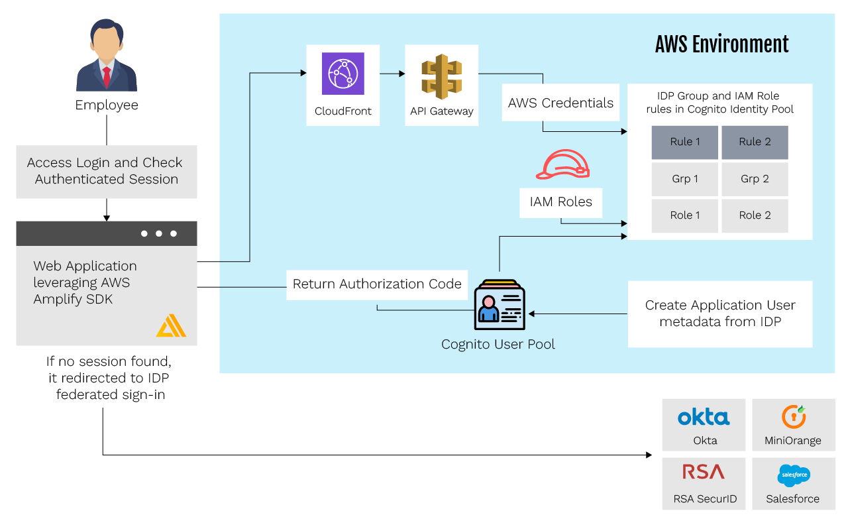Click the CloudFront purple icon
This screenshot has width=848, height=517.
point(343,74)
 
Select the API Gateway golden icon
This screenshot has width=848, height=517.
point(441,76)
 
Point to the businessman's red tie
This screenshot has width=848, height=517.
point(107,77)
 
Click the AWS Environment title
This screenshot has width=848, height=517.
point(721,44)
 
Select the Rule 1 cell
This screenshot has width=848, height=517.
point(684,142)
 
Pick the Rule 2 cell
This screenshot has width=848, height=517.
point(755,142)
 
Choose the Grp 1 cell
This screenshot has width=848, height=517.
point(684,179)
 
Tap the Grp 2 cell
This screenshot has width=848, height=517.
point(755,179)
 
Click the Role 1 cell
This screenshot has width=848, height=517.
point(684,215)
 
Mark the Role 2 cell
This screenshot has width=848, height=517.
point(755,215)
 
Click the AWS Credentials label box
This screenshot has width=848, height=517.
point(560,103)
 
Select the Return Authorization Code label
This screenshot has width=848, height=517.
point(377,284)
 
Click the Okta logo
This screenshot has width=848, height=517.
point(704,417)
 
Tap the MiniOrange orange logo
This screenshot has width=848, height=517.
point(793,416)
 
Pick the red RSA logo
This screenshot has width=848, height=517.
point(704,472)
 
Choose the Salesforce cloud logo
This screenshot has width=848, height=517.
point(793,475)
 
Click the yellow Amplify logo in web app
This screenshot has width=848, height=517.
point(171,326)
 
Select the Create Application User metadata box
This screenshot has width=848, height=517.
point(720,314)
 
